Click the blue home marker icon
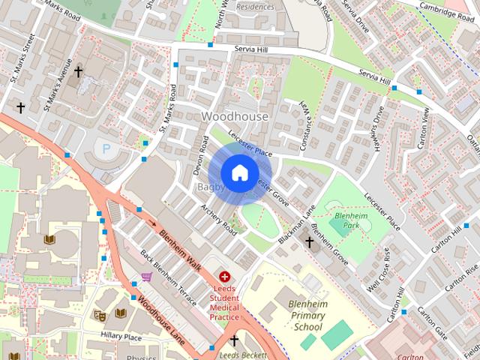click(239, 172)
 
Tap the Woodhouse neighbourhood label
click(235, 116)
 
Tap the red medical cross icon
click(224, 277)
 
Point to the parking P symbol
click(106, 149)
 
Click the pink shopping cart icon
click(146, 277)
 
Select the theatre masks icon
click(99, 316)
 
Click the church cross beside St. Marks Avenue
click(78, 72)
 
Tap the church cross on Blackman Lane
click(309, 241)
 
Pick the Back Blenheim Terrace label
click(169, 277)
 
